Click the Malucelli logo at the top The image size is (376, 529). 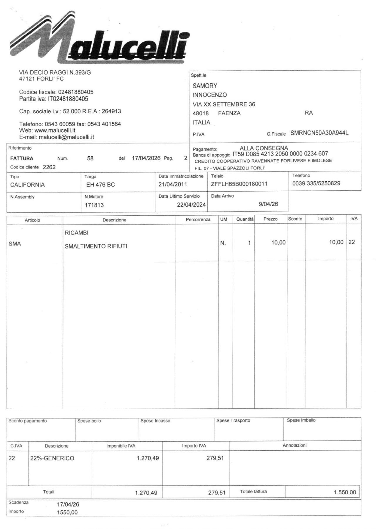pyautogui.click(x=98, y=38)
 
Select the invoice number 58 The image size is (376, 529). pyautogui.click(x=90, y=158)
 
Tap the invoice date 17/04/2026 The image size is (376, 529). pyautogui.click(x=146, y=158)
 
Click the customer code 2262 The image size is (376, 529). pyautogui.click(x=49, y=167)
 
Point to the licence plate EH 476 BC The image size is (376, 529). pyautogui.click(x=100, y=185)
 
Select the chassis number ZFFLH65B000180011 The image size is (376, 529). pyautogui.click(x=239, y=184)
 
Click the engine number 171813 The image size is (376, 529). pyautogui.click(x=94, y=205)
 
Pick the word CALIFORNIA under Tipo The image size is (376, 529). pyautogui.click(x=27, y=185)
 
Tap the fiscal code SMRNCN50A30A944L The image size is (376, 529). pyautogui.click(x=319, y=133)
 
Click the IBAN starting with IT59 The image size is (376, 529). pyautogui.click(x=280, y=154)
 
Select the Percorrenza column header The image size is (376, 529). pyautogui.click(x=198, y=219)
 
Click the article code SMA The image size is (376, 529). pyautogui.click(x=15, y=244)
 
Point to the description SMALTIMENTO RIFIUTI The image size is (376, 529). pyautogui.click(x=96, y=246)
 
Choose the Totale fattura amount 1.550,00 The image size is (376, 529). pyautogui.click(x=345, y=492)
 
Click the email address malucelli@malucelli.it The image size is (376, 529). pyautogui.click(x=66, y=137)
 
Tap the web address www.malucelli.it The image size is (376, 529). pyautogui.click(x=55, y=130)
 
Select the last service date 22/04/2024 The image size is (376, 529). pyautogui.click(x=191, y=205)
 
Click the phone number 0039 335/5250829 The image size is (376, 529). pyautogui.click(x=316, y=183)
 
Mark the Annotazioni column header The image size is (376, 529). pyautogui.click(x=295, y=445)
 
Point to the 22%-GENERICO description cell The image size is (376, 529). pyautogui.click(x=52, y=458)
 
